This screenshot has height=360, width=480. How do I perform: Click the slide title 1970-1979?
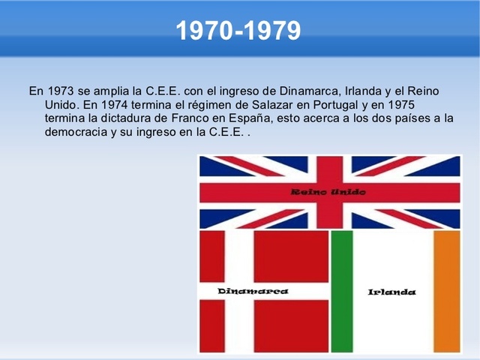pos(238,31)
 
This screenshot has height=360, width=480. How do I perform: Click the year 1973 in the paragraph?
pos(61,91)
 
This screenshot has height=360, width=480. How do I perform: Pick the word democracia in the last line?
pos(75,132)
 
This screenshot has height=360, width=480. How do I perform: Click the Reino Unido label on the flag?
pos(328,193)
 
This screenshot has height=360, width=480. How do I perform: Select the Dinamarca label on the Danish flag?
pos(253,291)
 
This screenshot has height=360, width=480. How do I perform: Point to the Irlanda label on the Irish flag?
pos(391,292)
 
